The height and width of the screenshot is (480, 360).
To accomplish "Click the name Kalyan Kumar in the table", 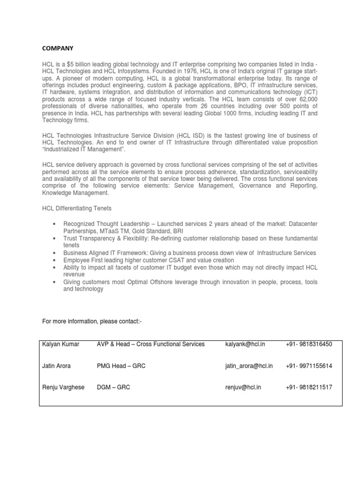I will click(x=61, y=344).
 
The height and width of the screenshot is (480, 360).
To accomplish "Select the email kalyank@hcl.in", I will click(x=245, y=344).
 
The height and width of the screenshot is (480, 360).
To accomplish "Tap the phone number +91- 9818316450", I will click(x=308, y=344).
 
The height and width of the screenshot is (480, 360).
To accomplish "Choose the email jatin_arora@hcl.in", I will click(x=249, y=366).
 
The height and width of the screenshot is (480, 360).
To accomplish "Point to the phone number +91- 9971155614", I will click(x=308, y=366).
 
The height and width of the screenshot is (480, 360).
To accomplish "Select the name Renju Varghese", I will click(x=63, y=388).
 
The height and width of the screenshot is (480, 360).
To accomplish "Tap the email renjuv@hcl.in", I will click(x=244, y=388).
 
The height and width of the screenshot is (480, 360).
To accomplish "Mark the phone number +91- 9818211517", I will click(x=308, y=388).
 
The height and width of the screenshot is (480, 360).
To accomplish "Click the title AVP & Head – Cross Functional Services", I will click(x=150, y=344).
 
